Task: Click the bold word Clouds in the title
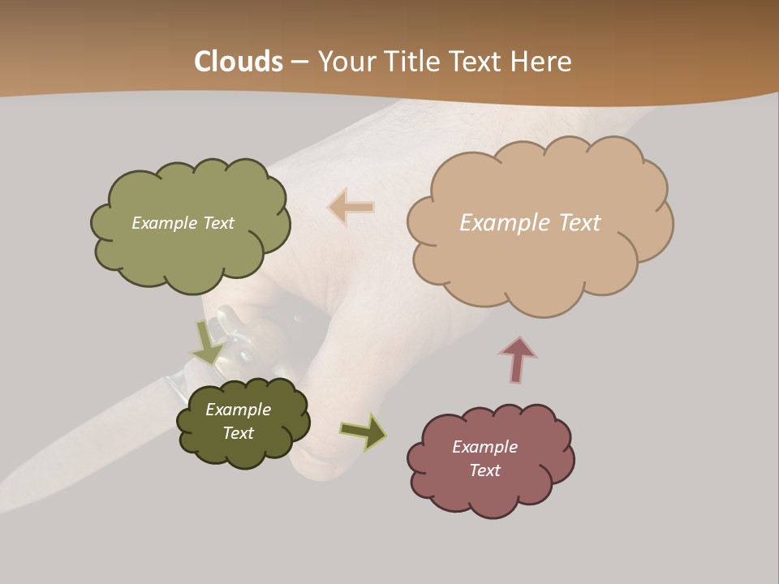click(x=239, y=62)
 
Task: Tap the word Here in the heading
click(x=541, y=62)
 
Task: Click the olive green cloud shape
click(x=191, y=251)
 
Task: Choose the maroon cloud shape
click(x=491, y=492)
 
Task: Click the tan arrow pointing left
click(x=351, y=207)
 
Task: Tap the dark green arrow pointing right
click(x=363, y=432)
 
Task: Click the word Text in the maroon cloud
click(x=484, y=470)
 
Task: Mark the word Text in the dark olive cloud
click(x=239, y=433)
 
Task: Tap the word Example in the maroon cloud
click(x=484, y=447)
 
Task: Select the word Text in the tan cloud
click(x=579, y=223)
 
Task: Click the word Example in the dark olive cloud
click(x=239, y=410)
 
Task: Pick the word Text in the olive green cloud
click(x=217, y=223)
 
